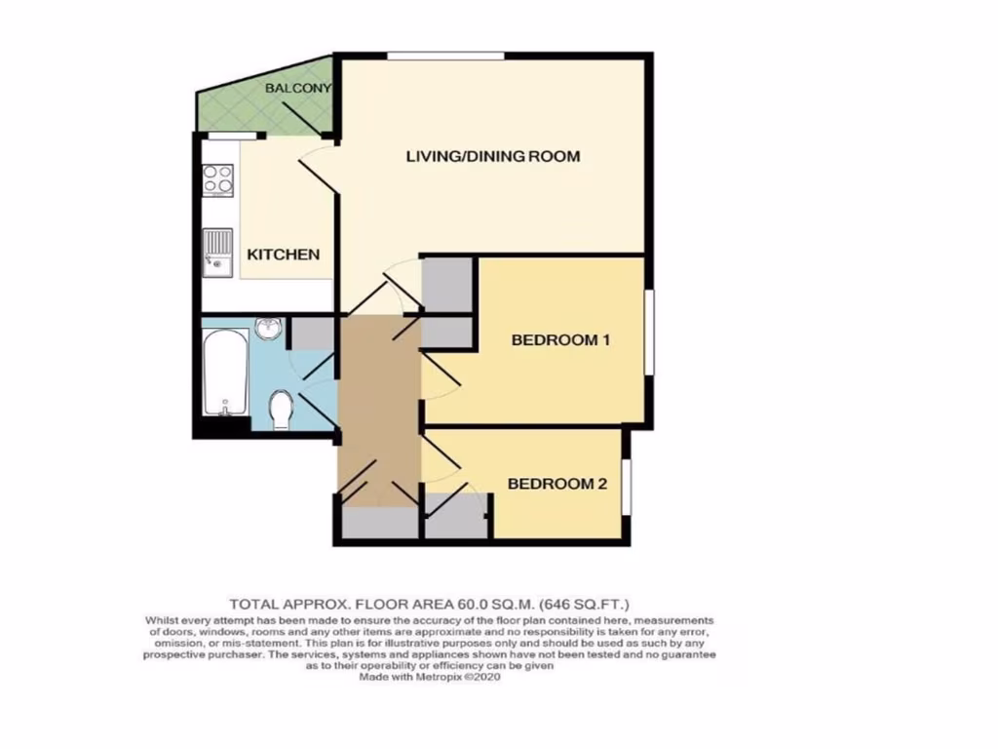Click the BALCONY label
click(298, 89)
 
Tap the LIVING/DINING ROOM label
click(493, 156)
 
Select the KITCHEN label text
click(283, 255)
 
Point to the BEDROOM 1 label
click(560, 340)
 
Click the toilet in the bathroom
click(280, 410)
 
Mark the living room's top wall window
click(445, 55)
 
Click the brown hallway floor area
click(378, 410)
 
